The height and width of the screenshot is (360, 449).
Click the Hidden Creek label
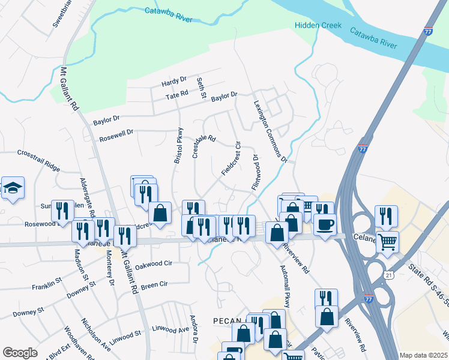[318, 25]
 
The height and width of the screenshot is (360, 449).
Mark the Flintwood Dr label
[255, 173]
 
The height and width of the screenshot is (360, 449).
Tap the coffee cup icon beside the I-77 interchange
[325, 224]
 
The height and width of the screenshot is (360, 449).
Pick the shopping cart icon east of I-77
[387, 242]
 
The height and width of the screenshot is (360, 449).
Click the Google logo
[20, 353]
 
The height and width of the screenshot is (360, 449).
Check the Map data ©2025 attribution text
[423, 355]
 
